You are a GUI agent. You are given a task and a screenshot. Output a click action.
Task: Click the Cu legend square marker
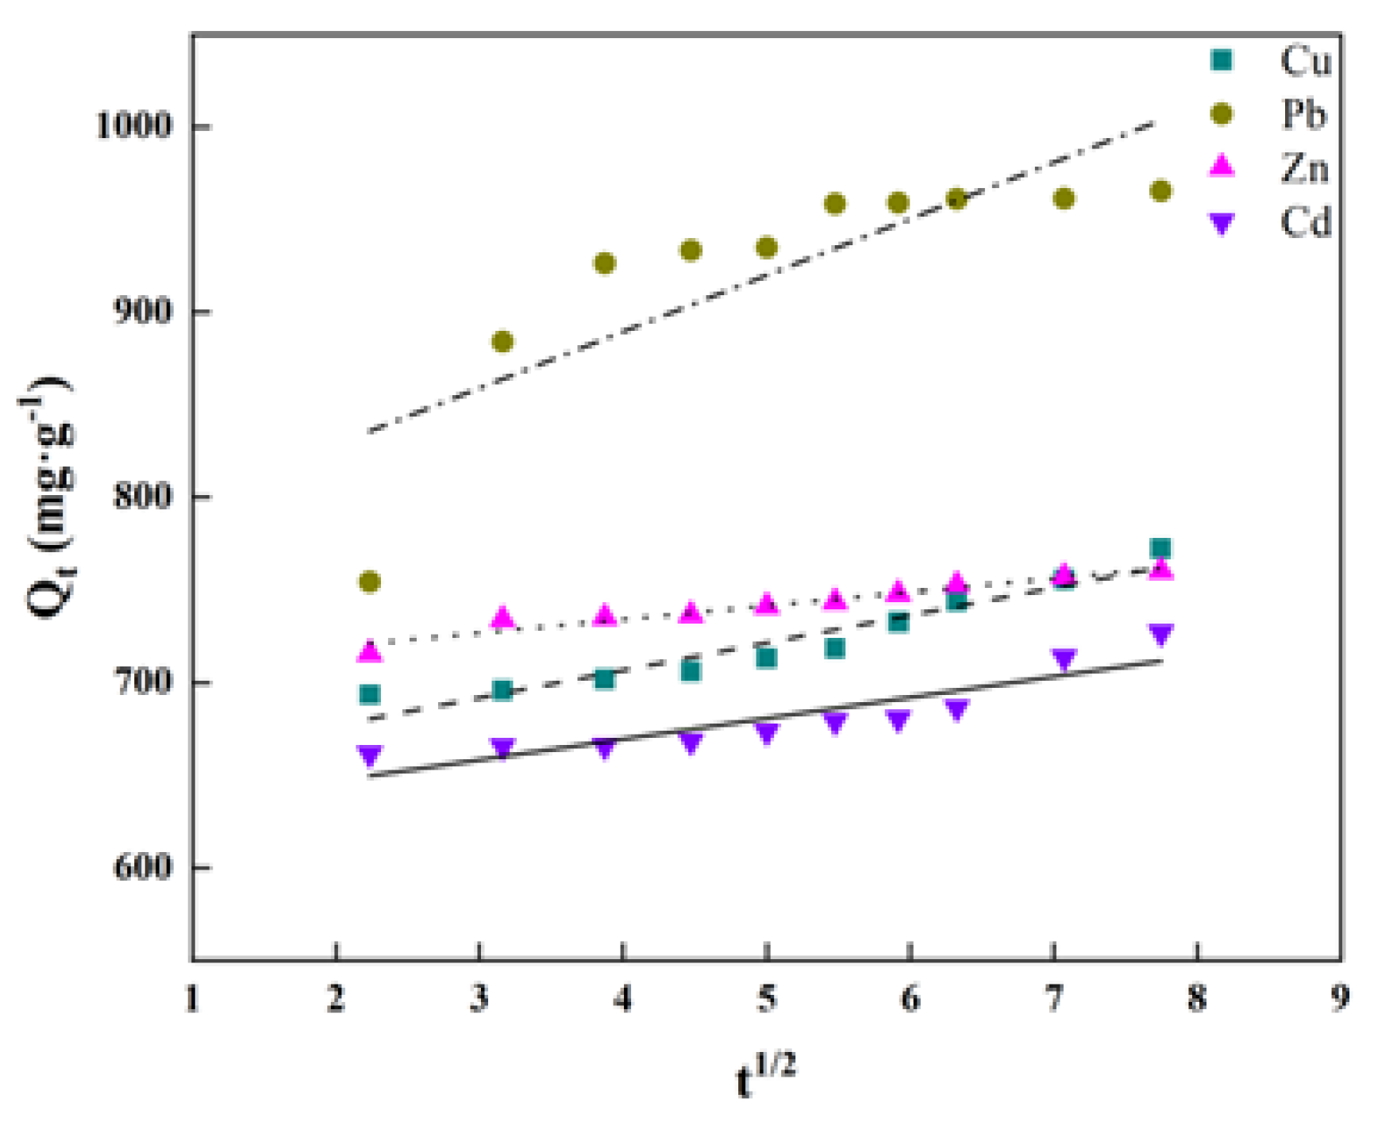1222,60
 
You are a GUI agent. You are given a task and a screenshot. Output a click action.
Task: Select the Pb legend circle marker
1222,114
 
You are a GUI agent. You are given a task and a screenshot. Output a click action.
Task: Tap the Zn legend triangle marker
1222,165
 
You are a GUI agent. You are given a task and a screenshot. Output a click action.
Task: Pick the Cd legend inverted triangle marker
1222,223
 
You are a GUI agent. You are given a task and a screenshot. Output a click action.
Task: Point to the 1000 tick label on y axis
134,125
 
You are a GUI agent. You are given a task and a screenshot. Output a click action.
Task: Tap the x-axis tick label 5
767,998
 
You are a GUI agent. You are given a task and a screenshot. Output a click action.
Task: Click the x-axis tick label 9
1341,998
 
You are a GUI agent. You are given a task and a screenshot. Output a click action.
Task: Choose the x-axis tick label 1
193,998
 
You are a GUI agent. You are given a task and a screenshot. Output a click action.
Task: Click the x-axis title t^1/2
765,1075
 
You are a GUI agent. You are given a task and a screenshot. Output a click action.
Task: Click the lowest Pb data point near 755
370,582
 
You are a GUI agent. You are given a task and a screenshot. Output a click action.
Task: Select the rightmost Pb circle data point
1161,191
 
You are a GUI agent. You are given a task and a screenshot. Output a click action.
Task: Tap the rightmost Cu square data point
1161,548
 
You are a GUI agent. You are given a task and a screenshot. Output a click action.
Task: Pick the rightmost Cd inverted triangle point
1161,635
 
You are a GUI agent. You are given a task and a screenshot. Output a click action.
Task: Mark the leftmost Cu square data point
370,695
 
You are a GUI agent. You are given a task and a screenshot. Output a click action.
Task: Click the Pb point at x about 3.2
502,342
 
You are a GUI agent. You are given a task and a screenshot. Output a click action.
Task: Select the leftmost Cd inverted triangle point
370,754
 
